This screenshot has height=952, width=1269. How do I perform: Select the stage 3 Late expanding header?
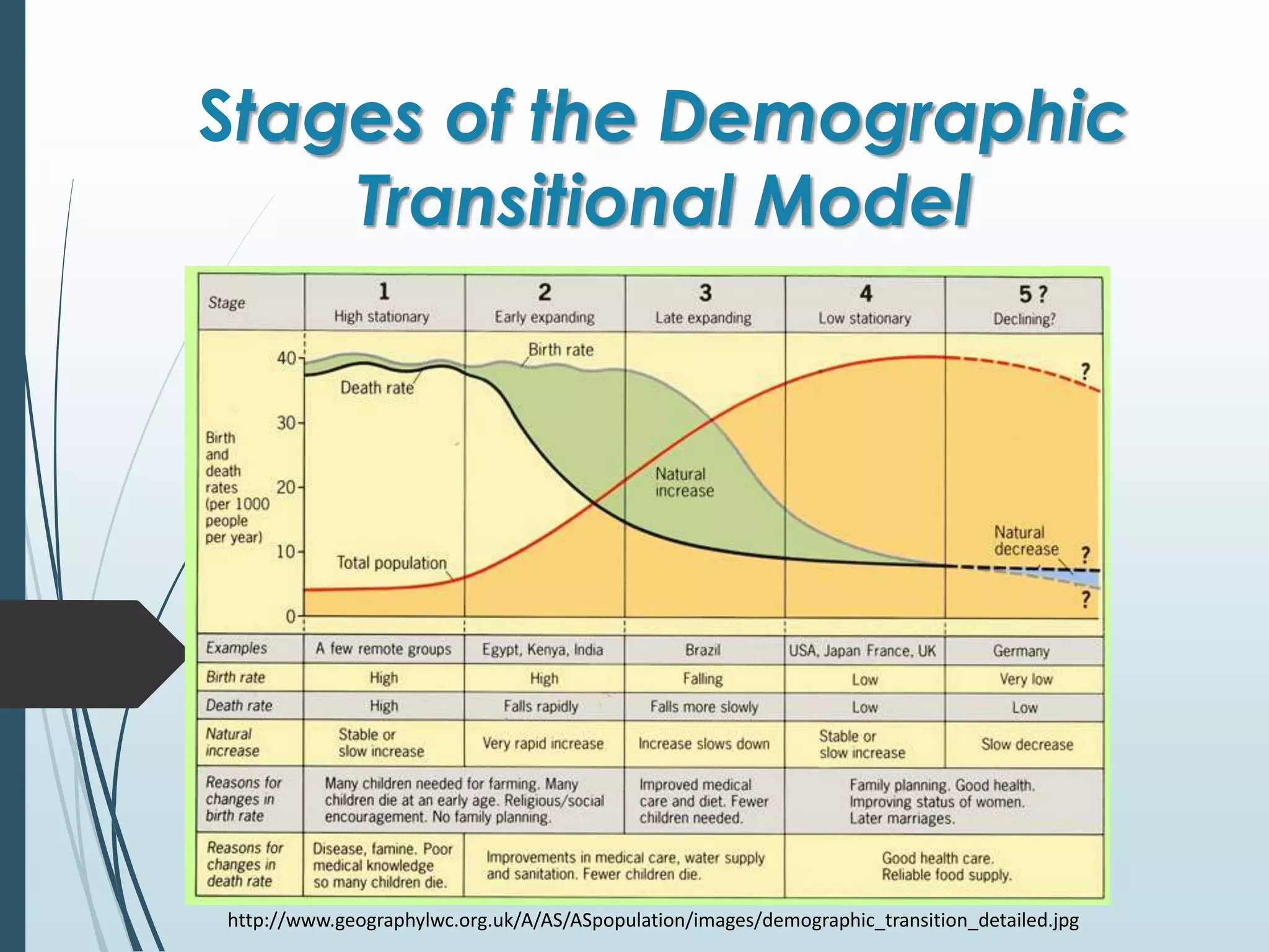coord(705,304)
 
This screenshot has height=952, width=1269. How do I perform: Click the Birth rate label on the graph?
coord(560,350)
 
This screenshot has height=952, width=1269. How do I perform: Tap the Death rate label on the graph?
coord(377,388)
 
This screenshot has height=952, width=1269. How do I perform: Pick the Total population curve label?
coord(391,563)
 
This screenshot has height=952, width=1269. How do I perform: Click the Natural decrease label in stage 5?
coord(1025,540)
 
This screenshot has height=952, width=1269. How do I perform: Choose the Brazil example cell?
coord(703,650)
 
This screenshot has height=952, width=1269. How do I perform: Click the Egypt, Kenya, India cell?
coord(543,650)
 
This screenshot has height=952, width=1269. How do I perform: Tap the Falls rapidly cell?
coord(541,707)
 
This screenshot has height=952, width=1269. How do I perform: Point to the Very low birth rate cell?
coord(1025,679)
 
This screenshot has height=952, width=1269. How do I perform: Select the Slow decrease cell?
coord(1027,744)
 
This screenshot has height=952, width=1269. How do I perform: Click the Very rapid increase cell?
coord(543,743)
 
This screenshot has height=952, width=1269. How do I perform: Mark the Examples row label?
coord(236,648)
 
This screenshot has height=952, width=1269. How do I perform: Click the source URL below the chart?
coord(653,920)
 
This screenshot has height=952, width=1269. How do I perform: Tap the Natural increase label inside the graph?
coord(684,482)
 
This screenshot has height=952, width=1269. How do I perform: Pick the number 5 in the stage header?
coord(1026,294)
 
